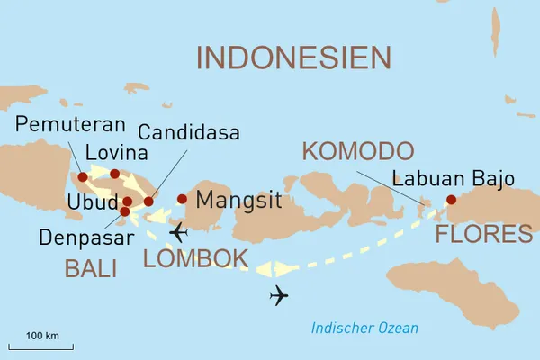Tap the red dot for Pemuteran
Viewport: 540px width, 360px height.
(x=84, y=177)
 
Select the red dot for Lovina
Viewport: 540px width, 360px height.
(x=114, y=174)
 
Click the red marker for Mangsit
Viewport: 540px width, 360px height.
(x=182, y=199)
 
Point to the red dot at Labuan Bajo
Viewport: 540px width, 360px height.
(x=452, y=200)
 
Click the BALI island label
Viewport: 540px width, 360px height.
(x=89, y=267)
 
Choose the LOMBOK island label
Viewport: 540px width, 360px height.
(x=195, y=259)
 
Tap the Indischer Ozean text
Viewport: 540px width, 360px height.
(x=364, y=328)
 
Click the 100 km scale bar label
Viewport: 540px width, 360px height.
(x=42, y=336)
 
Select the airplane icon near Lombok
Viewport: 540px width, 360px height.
(x=178, y=232)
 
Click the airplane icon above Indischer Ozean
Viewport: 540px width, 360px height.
(x=280, y=296)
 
